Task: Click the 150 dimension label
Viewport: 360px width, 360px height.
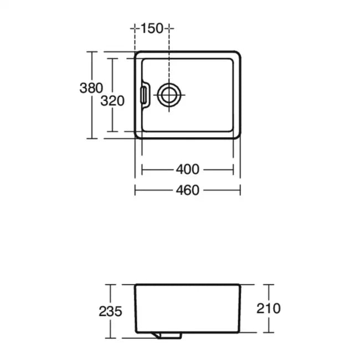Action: [152, 28]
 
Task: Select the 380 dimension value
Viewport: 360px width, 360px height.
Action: [91, 88]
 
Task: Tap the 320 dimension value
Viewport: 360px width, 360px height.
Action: [112, 101]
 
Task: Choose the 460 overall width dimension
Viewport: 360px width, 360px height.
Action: [188, 190]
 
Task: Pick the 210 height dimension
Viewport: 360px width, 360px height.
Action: [269, 308]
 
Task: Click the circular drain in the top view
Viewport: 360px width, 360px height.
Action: [169, 95]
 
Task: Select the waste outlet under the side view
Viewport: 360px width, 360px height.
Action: [168, 336]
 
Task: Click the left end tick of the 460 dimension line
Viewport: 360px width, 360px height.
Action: [136, 190]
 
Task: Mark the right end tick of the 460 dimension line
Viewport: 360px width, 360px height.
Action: [240, 190]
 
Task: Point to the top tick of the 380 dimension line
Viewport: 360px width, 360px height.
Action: [91, 52]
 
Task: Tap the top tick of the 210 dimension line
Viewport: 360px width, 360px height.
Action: [269, 285]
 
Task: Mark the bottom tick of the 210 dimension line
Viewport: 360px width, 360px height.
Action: [269, 332]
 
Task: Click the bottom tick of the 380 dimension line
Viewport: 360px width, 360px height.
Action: [91, 138]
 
